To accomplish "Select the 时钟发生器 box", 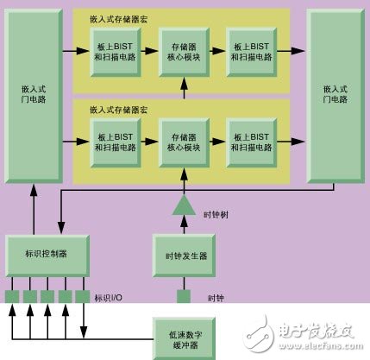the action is (x=184, y=256).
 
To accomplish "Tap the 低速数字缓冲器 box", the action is (x=184, y=338).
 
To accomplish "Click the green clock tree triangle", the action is (x=184, y=205).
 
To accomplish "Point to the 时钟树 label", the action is (x=216, y=215).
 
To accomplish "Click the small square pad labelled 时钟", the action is (x=184, y=296).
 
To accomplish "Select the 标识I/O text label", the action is (x=109, y=298).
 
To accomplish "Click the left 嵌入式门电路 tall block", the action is (x=34, y=96).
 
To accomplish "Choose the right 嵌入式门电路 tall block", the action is (x=336, y=96).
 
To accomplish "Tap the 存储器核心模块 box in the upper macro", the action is (x=184, y=52).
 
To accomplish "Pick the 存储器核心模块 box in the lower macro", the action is (x=184, y=142).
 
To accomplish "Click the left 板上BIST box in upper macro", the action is (x=116, y=52).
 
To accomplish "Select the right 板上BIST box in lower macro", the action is (x=252, y=142).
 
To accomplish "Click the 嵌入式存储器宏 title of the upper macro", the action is (x=119, y=20).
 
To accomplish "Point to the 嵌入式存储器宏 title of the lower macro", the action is (x=119, y=110).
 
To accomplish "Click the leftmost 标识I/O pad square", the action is (x=12, y=296).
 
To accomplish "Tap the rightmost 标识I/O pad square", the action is (x=83, y=296).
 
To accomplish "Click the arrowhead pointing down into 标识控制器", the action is (x=61, y=228).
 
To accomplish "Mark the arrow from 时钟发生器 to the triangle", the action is (x=184, y=224).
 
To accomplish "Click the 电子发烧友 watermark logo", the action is (x=301, y=334).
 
